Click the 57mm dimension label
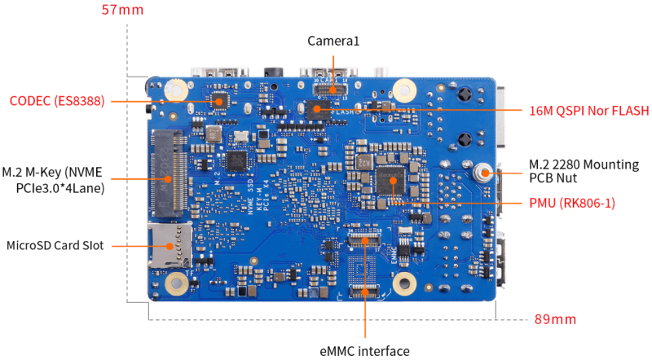point(122,11)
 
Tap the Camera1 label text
point(333,40)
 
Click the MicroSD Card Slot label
point(55,244)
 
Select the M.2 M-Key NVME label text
point(54,180)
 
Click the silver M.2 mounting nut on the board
point(484,172)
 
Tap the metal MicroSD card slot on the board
point(170,244)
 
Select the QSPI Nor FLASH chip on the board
point(316,109)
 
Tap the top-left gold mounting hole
point(174,89)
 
